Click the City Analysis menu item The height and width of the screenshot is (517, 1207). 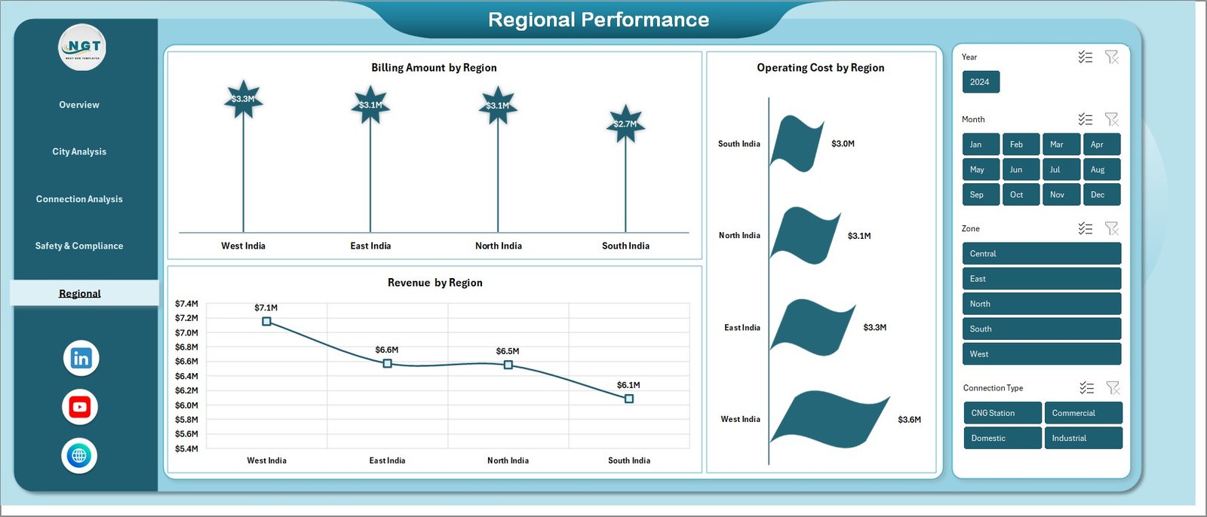point(79,151)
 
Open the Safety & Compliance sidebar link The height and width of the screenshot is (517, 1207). point(79,246)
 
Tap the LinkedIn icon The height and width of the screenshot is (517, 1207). point(81,358)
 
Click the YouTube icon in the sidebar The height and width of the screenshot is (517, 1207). point(79,407)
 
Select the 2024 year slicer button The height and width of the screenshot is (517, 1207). point(980,82)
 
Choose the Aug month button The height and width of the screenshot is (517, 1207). point(1101,170)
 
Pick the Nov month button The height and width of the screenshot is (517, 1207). point(1060,194)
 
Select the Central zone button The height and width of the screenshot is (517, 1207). point(1041,254)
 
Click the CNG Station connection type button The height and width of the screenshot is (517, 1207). point(1002,413)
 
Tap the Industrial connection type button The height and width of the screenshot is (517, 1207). point(1083,438)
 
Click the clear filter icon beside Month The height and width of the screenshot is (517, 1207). point(1111,119)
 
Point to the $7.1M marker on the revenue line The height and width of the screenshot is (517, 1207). point(266,322)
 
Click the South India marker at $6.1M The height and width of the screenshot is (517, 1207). point(629,399)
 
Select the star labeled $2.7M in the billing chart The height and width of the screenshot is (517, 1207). point(625,124)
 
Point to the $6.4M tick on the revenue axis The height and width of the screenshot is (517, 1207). point(186,376)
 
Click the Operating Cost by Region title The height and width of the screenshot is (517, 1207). point(820,68)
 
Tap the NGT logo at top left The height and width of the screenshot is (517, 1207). point(83,47)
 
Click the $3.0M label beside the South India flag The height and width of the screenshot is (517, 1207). point(843,144)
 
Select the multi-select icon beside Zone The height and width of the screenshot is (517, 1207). point(1085,228)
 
